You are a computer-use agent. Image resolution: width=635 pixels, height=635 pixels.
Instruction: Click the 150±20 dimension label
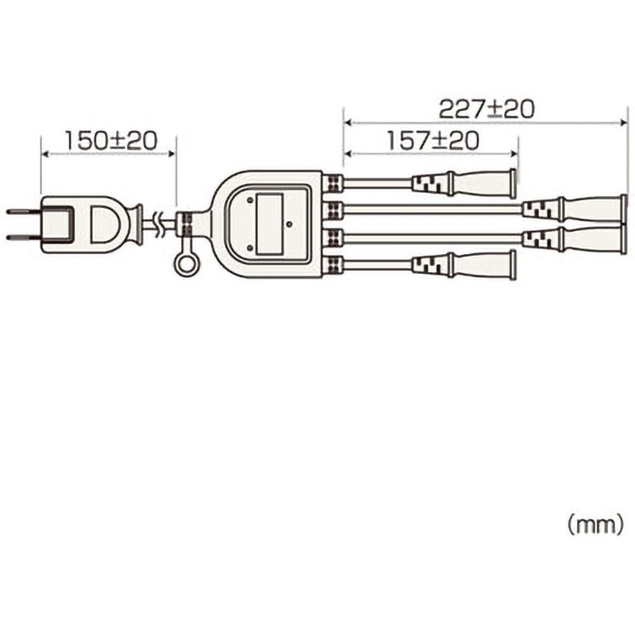[x=110, y=140]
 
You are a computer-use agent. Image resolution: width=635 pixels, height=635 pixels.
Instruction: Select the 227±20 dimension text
[x=487, y=108]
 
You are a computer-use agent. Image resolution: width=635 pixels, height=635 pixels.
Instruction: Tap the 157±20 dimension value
[x=433, y=140]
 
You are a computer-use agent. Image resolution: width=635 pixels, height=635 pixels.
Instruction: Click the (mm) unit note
[x=595, y=524]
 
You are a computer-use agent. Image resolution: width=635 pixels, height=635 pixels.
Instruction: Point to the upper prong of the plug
[x=22, y=212]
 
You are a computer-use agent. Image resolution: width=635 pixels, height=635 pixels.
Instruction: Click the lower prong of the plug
[x=22, y=237]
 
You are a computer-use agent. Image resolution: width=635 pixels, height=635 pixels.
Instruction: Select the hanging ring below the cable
[x=187, y=263]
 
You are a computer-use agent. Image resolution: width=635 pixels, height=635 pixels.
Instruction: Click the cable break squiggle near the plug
[x=161, y=225]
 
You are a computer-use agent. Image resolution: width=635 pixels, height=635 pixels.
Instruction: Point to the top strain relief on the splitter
[x=333, y=183]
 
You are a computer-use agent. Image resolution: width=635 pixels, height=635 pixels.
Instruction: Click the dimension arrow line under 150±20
[x=108, y=154]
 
